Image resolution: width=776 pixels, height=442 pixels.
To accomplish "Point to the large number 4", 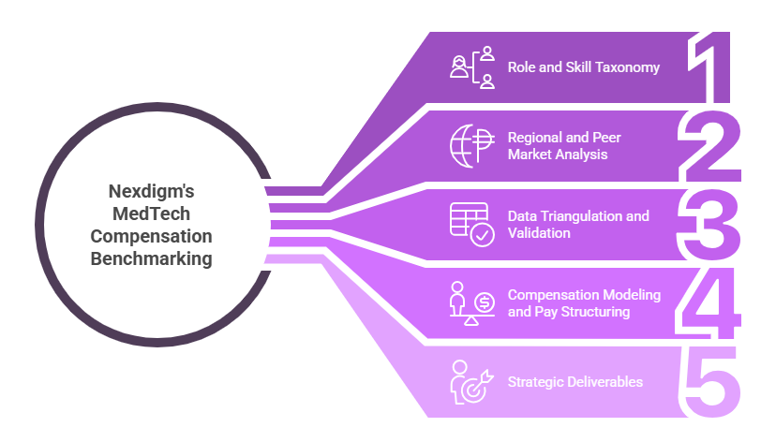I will click(709, 303).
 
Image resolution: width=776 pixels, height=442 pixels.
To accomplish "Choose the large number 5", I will click(709, 382).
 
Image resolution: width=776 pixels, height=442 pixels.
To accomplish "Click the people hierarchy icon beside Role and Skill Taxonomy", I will click(471, 67).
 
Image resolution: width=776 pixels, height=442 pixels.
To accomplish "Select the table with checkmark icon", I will click(471, 224).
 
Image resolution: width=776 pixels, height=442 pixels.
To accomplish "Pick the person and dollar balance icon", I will click(471, 302).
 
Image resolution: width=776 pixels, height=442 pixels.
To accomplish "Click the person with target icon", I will click(469, 381).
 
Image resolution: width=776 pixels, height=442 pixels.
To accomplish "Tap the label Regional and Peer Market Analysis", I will click(564, 146).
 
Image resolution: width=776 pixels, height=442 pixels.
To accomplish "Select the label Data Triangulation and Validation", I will click(578, 225).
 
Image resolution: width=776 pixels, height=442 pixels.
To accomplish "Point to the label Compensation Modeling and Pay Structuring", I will click(584, 303).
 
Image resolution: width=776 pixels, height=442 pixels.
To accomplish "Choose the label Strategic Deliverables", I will click(575, 382).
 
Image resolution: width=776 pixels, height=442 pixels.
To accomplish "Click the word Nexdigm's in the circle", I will click(151, 190).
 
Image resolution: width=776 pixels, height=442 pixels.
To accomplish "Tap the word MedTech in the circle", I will click(151, 213).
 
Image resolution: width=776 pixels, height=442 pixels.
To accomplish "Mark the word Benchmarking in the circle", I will click(151, 258).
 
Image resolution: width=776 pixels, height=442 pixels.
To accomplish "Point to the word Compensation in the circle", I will click(151, 236).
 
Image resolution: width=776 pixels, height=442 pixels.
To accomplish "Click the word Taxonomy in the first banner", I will click(627, 67).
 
